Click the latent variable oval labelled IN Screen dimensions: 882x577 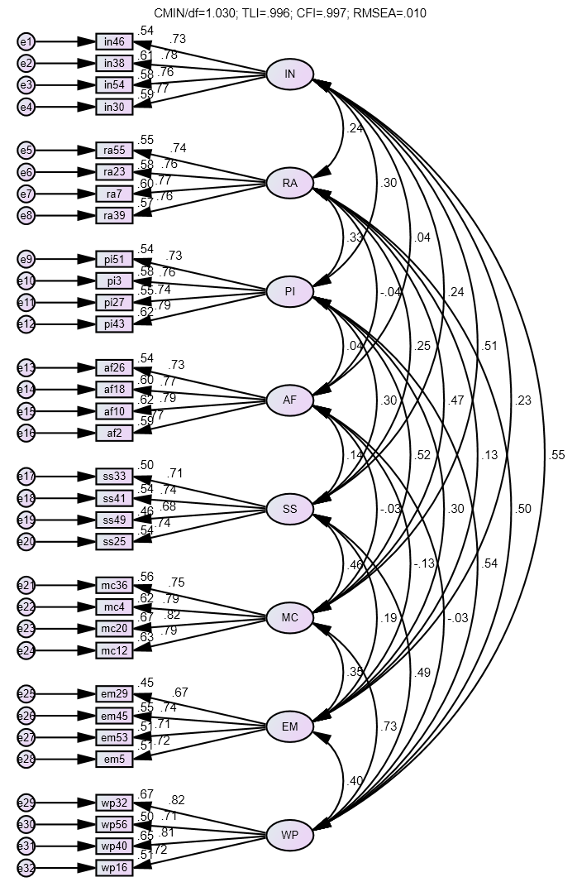pyautogui.click(x=290, y=74)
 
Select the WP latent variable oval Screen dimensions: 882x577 pyautogui.click(x=290, y=836)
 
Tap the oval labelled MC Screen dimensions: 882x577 pyautogui.click(x=290, y=617)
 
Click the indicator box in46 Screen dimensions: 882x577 pyautogui.click(x=113, y=41)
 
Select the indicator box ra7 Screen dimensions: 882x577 pyautogui.click(x=113, y=194)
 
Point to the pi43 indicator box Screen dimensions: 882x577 pyautogui.click(x=113, y=324)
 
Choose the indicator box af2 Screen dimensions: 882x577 pyautogui.click(x=113, y=433)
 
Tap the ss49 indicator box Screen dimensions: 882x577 pyautogui.click(x=113, y=520)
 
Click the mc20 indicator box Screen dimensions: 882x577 pyautogui.click(x=113, y=628)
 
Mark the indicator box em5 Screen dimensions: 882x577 pyautogui.click(x=113, y=759)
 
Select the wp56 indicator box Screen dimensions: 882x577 pyautogui.click(x=113, y=824)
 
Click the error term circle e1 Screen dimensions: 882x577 pyautogui.click(x=26, y=41)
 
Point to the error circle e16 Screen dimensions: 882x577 pyautogui.click(x=26, y=433)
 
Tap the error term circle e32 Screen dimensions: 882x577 pyautogui.click(x=26, y=868)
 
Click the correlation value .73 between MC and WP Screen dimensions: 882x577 pyautogui.click(x=389, y=726)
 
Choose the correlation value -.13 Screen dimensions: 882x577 pyautogui.click(x=424, y=563)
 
